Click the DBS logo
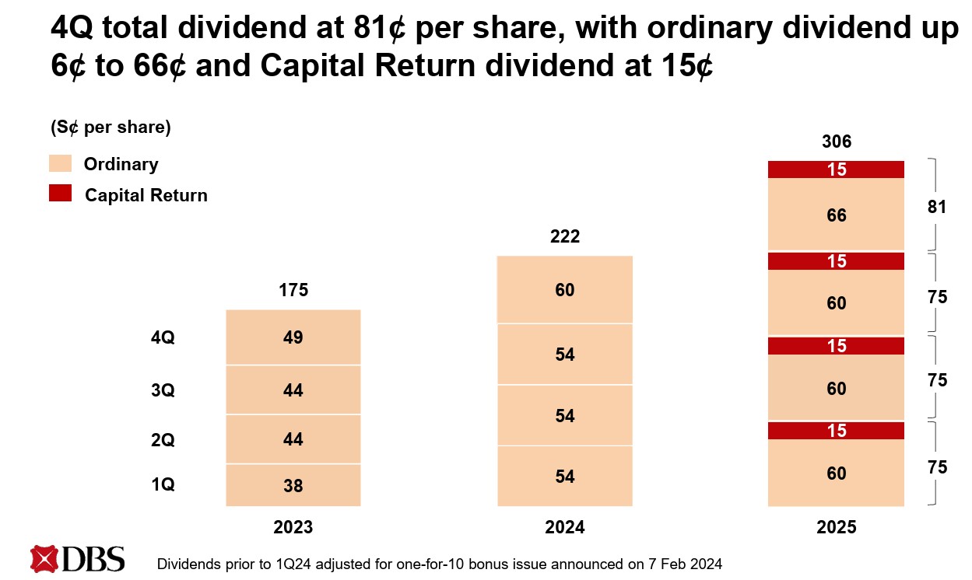point(77,559)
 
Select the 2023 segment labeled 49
point(293,337)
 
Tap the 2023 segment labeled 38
point(293,486)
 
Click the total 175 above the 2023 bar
point(293,291)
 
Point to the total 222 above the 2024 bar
point(565,236)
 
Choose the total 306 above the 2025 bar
point(837,142)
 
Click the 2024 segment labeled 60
point(565,290)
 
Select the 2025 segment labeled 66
point(837,215)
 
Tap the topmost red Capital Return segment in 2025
point(837,169)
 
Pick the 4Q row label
point(163,338)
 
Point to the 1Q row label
point(163,485)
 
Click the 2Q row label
point(163,440)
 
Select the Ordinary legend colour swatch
point(60,163)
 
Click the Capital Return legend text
point(146,195)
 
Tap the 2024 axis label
point(565,527)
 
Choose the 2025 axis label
point(837,527)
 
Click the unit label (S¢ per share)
point(110,128)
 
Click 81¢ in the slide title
point(377,30)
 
